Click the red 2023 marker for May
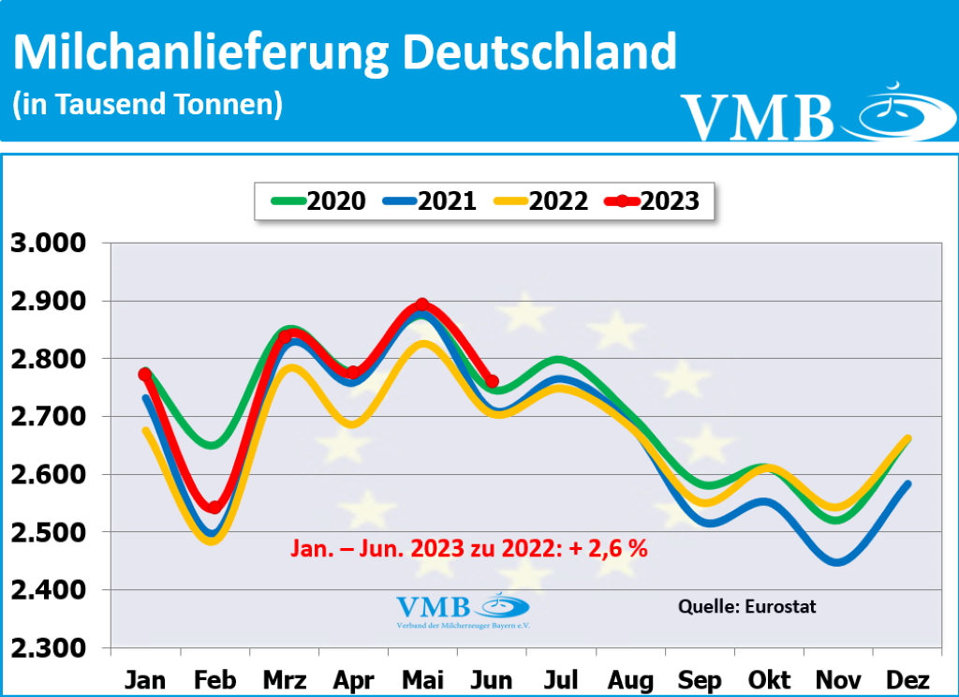422,305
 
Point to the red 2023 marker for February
214,507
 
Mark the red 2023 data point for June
493,381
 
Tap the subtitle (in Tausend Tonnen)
147,104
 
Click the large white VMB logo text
757,117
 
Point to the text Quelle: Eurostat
747,606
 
